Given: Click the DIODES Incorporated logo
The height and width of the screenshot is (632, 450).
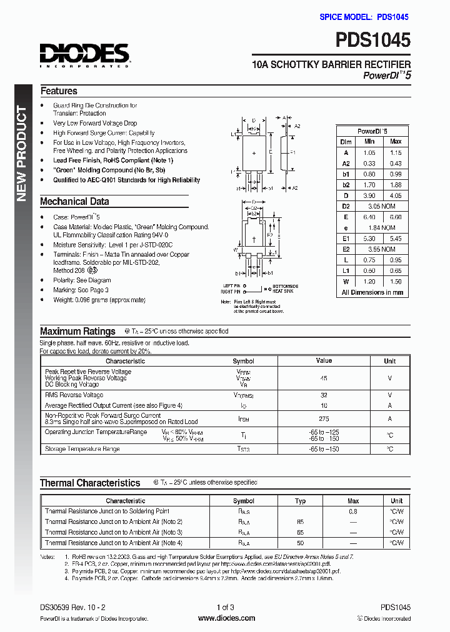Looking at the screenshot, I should (x=84, y=55).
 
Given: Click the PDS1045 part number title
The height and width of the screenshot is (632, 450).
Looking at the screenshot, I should (x=373, y=41).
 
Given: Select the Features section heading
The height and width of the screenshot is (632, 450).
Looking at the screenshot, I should (x=59, y=91).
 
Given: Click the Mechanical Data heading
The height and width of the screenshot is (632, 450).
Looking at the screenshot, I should (x=74, y=202).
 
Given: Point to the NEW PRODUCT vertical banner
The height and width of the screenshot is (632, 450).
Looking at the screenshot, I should (x=21, y=154).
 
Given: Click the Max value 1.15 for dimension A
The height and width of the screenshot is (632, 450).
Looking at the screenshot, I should (x=395, y=152).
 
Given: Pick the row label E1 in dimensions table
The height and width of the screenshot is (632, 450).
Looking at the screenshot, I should (x=345, y=239).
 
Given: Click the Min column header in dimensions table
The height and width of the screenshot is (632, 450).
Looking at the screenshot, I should (x=369, y=142).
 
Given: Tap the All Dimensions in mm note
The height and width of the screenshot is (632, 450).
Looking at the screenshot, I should (x=372, y=292).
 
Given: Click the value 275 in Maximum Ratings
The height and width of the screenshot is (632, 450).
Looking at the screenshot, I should (x=324, y=418).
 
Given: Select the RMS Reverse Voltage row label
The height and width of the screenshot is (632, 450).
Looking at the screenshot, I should (x=74, y=395).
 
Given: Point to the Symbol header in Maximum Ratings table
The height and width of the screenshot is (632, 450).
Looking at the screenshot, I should (x=243, y=361).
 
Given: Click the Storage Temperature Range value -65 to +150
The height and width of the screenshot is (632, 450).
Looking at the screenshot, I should (x=324, y=449).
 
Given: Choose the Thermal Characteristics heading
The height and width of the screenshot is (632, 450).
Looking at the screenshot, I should (x=90, y=483).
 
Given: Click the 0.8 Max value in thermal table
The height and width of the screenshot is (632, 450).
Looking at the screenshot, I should (x=352, y=511).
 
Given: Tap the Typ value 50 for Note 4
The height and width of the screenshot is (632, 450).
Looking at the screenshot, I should (x=300, y=543).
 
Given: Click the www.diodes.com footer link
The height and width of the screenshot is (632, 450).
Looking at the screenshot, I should (x=226, y=618).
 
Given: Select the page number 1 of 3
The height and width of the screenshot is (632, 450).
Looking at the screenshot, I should (x=225, y=607).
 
